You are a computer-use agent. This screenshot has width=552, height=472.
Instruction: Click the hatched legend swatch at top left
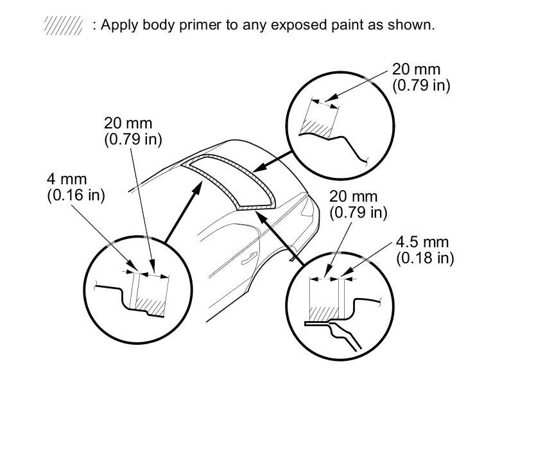[63, 26]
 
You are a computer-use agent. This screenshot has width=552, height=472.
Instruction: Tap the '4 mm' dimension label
[67, 179]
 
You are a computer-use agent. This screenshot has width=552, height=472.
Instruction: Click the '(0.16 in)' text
[76, 195]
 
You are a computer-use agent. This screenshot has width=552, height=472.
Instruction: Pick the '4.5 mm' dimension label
[422, 242]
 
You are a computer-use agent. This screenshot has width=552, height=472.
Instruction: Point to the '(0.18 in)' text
[425, 258]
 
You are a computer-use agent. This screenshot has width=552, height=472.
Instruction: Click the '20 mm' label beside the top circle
[417, 69]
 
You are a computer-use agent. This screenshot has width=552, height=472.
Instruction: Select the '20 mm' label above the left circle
[128, 123]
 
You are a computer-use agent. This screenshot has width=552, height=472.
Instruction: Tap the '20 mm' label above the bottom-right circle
[354, 196]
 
